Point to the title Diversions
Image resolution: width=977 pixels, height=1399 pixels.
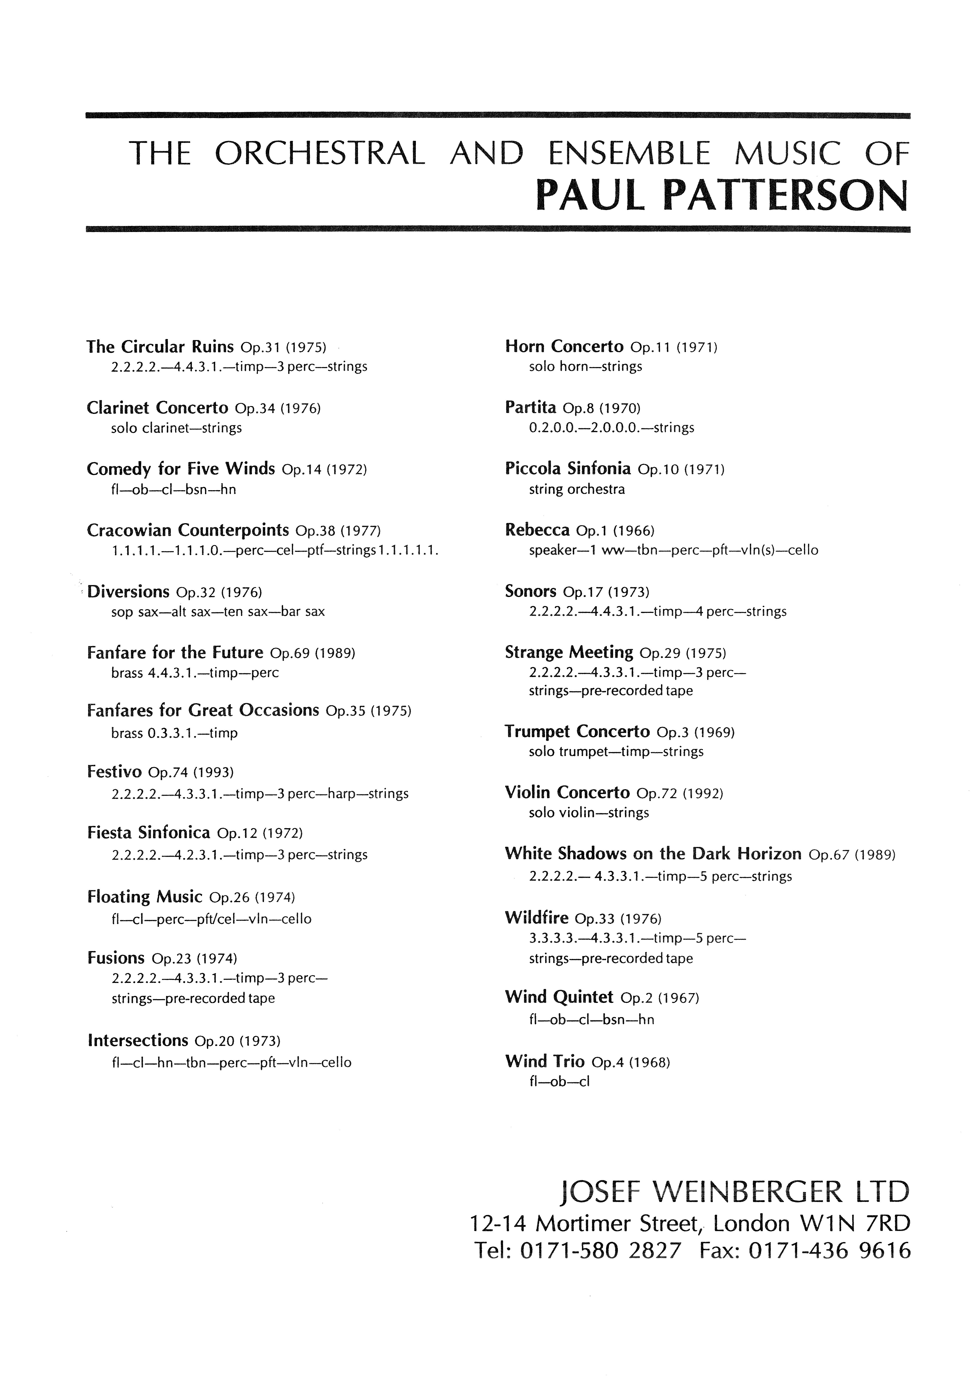[x=129, y=592]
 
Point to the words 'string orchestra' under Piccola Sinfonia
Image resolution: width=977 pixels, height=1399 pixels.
[x=577, y=489]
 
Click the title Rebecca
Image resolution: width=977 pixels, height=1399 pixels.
[x=537, y=530]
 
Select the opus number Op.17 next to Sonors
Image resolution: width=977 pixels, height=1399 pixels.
[x=582, y=592]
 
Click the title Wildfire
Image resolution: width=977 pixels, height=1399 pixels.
[x=536, y=918]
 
